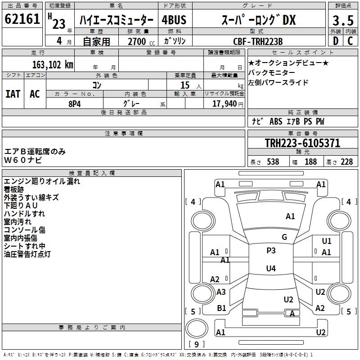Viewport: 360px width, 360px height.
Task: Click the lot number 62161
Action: pyautogui.click(x=22, y=20)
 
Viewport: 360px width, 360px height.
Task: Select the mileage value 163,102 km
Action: pyautogui.click(x=53, y=64)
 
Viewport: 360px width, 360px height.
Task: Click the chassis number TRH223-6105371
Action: pyautogui.click(x=302, y=143)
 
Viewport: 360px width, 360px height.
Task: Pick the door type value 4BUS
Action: pyautogui.click(x=174, y=20)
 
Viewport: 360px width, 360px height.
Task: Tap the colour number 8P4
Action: pyautogui.click(x=74, y=103)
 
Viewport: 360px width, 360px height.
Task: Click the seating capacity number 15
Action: pyautogui.click(x=184, y=85)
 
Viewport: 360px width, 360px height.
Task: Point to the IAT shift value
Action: pyautogui.click(x=13, y=94)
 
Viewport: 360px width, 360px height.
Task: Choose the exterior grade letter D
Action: pyautogui.click(x=335, y=41)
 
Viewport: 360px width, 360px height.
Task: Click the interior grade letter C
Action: pyautogui.click(x=350, y=41)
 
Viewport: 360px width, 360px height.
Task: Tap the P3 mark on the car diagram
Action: pyautogui.click(x=271, y=251)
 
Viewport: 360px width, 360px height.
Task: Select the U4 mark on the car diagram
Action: pyautogui.click(x=271, y=269)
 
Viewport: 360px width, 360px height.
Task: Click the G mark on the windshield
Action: pyautogui.click(x=284, y=237)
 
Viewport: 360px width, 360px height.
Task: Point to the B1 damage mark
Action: pyautogui.click(x=221, y=308)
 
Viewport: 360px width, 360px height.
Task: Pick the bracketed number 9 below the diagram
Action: pyautogui.click(x=196, y=344)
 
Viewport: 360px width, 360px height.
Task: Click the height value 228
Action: pyautogui.click(x=347, y=162)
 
